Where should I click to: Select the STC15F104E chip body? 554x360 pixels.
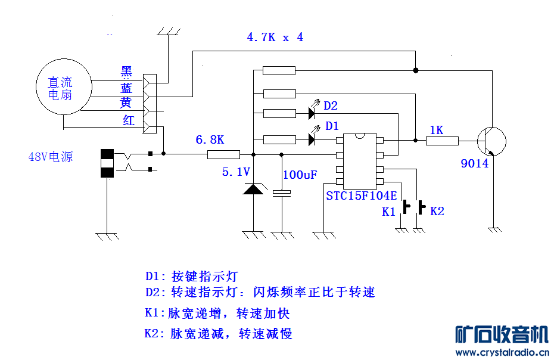point(359,159)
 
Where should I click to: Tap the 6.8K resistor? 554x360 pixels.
point(223,154)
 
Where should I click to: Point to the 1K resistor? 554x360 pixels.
point(442,141)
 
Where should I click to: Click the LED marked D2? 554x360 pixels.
point(312,111)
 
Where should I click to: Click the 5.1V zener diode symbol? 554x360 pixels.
point(254,189)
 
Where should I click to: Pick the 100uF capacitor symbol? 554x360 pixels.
point(281,193)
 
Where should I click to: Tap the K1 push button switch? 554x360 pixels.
point(406,207)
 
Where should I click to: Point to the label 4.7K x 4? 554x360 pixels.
point(275,37)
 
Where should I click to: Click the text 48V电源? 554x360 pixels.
point(51,157)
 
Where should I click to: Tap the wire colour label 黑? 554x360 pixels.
point(126,72)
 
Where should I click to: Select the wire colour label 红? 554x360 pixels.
point(128,121)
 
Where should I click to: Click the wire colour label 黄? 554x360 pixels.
point(126,103)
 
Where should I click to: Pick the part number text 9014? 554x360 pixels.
point(474,163)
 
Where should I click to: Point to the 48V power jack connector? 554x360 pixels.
point(107,163)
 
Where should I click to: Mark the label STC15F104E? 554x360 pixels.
point(361,195)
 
